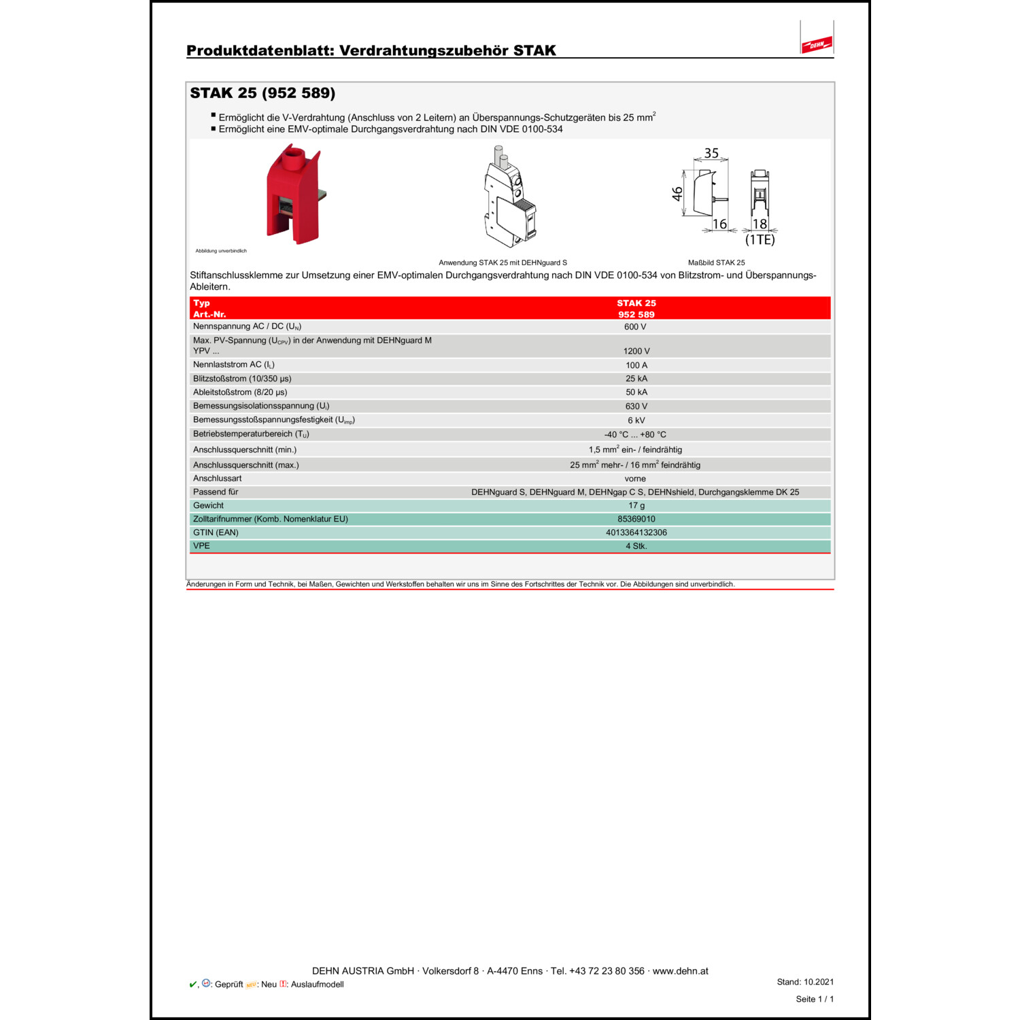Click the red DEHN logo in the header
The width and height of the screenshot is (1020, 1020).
click(x=817, y=45)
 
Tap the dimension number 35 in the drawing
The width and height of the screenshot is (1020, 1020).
click(x=711, y=153)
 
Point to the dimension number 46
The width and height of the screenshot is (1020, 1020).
click(x=677, y=194)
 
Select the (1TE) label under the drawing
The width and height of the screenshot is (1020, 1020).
click(x=760, y=240)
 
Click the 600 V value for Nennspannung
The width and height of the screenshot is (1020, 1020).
click(x=635, y=327)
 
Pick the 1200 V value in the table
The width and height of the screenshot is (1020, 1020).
click(x=636, y=352)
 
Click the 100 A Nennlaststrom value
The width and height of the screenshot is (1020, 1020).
click(x=636, y=365)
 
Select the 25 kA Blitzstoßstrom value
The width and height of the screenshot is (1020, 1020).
click(x=636, y=379)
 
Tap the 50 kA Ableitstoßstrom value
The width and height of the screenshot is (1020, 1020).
click(x=636, y=392)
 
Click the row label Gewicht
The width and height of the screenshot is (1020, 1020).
click(x=208, y=506)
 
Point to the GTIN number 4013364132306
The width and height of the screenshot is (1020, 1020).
click(x=636, y=533)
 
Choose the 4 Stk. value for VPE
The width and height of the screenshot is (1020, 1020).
click(x=636, y=546)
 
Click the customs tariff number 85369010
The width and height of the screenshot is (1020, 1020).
click(x=636, y=520)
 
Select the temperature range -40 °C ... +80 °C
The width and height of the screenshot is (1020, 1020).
click(x=635, y=435)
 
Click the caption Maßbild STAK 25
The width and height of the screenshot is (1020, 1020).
click(x=716, y=262)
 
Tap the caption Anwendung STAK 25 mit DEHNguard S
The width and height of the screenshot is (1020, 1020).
click(x=503, y=262)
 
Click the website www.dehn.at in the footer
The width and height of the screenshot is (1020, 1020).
click(x=680, y=971)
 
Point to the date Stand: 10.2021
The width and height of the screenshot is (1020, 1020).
click(x=805, y=982)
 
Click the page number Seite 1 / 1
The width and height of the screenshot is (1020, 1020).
click(x=815, y=999)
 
